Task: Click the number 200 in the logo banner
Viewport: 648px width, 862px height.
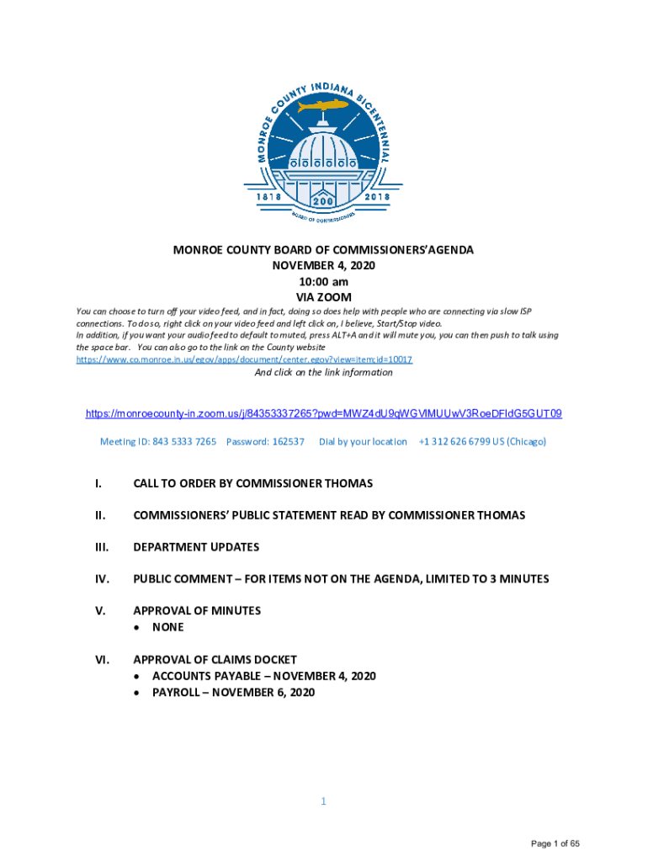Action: click(x=322, y=202)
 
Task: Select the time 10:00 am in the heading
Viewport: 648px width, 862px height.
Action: click(x=324, y=282)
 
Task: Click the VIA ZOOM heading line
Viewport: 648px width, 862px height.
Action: click(x=324, y=298)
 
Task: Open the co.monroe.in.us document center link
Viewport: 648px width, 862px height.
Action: click(x=244, y=359)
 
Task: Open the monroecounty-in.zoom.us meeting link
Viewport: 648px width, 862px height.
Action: click(x=324, y=414)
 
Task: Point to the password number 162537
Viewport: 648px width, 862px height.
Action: click(x=289, y=441)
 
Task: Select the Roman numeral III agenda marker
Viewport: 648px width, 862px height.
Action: click(x=99, y=547)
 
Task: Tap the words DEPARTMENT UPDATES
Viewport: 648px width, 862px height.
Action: click(x=196, y=547)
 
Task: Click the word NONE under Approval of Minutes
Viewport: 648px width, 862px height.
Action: click(x=167, y=627)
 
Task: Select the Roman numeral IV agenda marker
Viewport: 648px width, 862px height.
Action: click(x=100, y=579)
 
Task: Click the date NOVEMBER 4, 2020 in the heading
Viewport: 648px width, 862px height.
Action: click(x=324, y=266)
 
